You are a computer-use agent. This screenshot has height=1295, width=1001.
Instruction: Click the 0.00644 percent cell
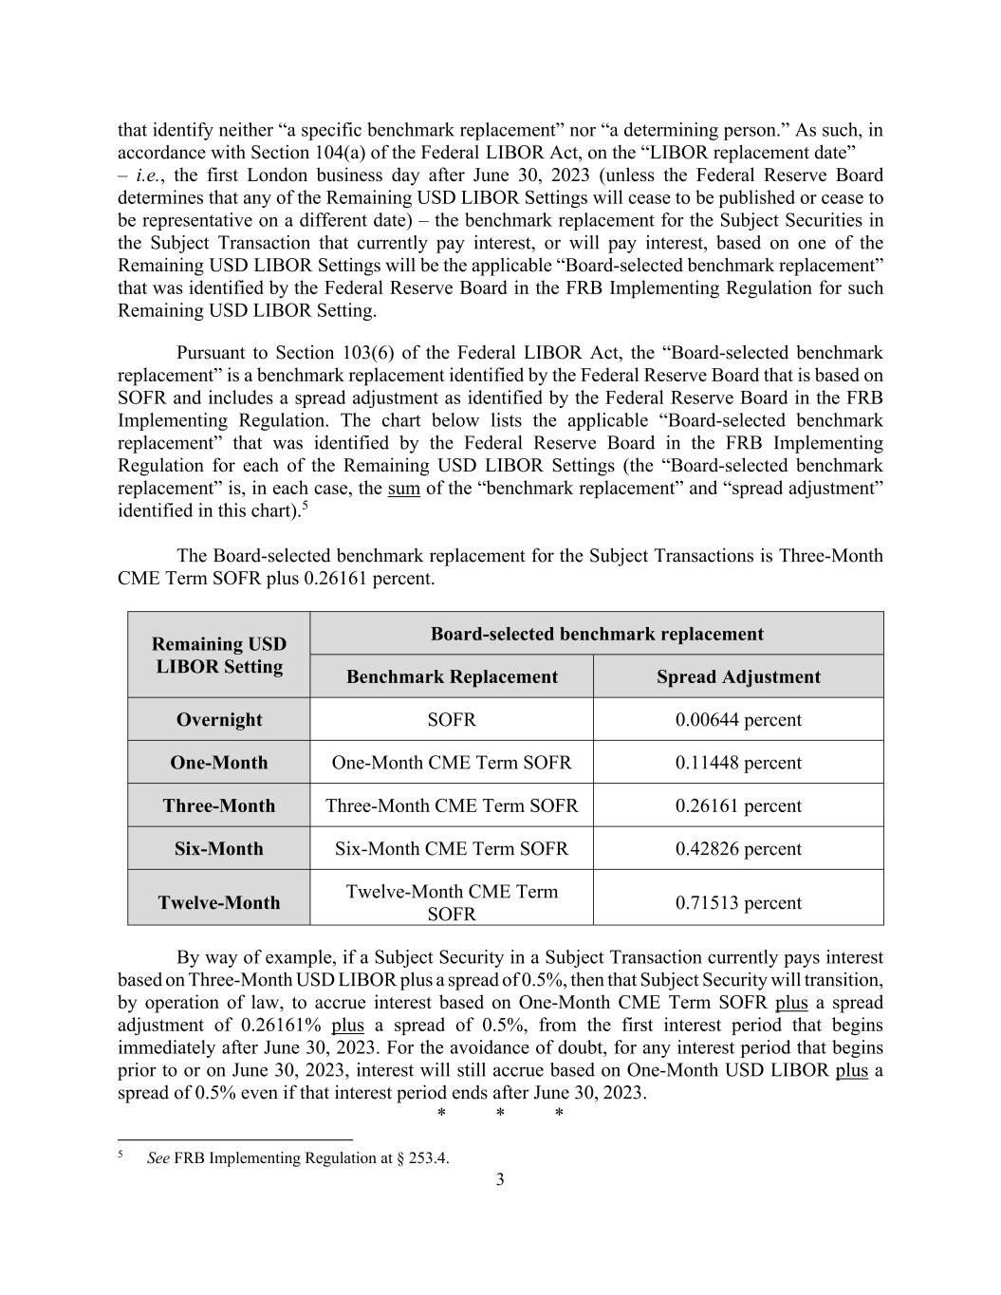(x=738, y=720)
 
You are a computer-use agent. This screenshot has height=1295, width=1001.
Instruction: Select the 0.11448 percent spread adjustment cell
(x=738, y=763)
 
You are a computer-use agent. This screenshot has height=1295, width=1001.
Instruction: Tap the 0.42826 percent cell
(x=738, y=849)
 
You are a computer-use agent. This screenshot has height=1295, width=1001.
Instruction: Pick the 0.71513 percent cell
(x=738, y=903)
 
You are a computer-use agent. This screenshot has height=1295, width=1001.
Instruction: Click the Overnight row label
(x=219, y=720)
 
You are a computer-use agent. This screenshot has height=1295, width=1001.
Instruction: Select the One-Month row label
(x=219, y=763)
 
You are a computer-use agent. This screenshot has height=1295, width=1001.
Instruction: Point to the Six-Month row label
(x=219, y=849)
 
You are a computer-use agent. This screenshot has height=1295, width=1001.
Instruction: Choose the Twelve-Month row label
(x=219, y=903)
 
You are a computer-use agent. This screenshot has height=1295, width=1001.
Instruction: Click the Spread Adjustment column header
(x=738, y=677)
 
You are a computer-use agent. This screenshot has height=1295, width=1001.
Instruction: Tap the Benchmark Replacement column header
(x=452, y=677)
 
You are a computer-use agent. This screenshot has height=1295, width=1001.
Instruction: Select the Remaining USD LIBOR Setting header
(x=219, y=656)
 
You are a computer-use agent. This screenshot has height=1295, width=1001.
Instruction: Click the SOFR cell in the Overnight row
(x=452, y=720)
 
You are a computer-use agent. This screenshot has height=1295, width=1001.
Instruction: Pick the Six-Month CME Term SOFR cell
(x=452, y=849)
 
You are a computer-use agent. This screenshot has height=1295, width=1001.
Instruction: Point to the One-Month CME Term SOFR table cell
(x=452, y=763)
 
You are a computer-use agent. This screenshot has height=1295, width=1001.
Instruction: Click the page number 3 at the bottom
(x=500, y=1179)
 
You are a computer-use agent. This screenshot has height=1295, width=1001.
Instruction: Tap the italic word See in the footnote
(x=158, y=1158)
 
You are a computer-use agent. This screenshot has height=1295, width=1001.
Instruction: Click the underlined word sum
(x=404, y=489)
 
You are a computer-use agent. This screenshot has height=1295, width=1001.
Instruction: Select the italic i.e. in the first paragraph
(x=150, y=176)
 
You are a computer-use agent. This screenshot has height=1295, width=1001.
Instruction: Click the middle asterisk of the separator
(x=500, y=1114)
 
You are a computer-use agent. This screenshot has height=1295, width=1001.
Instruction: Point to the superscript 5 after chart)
(x=306, y=506)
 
